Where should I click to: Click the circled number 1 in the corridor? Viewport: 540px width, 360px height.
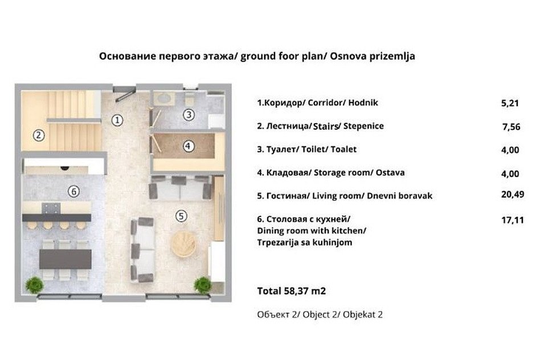117,120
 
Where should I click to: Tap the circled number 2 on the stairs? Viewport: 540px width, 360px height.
39,135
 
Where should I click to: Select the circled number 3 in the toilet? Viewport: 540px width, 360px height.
189,114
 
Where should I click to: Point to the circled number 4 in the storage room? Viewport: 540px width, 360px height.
188,146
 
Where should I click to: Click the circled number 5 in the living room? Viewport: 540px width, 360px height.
181,216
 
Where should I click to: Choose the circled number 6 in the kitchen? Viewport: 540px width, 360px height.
73,191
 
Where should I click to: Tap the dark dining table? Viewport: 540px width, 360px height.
65,259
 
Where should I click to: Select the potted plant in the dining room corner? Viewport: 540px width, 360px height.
34,285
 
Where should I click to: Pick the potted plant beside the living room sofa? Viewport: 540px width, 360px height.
203,285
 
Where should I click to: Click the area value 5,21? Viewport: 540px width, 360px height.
510,103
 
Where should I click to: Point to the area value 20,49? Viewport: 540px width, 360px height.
513,194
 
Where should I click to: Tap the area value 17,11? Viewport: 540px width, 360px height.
513,220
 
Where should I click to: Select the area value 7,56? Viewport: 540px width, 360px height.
512,127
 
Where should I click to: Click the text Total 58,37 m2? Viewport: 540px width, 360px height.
291,291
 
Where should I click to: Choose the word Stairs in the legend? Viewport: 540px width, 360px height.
325,126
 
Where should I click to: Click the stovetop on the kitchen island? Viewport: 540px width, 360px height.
51,208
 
